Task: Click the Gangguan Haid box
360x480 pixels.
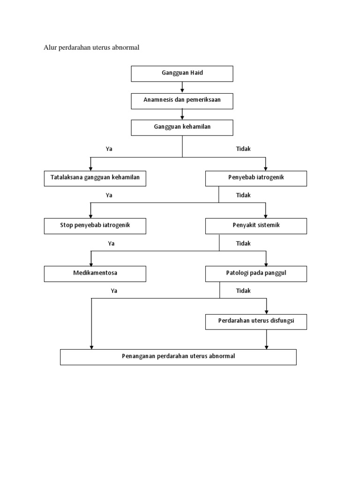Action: pyautogui.click(x=182, y=74)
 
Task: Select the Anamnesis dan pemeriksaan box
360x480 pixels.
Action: pyautogui.click(x=182, y=100)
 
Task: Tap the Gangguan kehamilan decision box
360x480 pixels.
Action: pyautogui.click(x=182, y=127)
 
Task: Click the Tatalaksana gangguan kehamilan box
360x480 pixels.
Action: pyautogui.click(x=95, y=179)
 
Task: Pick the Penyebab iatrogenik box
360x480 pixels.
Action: pyautogui.click(x=256, y=179)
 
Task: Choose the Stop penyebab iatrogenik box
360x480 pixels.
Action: pyautogui.click(x=95, y=226)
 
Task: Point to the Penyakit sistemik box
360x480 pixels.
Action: pyautogui.click(x=256, y=226)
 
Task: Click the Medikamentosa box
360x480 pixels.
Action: pyautogui.click(x=95, y=274)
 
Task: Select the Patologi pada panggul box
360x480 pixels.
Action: pyautogui.click(x=256, y=274)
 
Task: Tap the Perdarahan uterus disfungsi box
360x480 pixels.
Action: pyautogui.click(x=256, y=322)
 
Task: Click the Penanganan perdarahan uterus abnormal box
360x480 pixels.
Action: pyautogui.click(x=178, y=357)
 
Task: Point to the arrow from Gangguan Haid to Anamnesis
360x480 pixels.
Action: pyautogui.click(x=182, y=88)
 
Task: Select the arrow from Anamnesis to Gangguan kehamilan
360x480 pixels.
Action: pyautogui.click(x=182, y=114)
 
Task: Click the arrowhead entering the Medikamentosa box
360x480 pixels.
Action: pyautogui.click(x=91, y=263)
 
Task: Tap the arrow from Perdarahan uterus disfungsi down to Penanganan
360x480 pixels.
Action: pyautogui.click(x=267, y=339)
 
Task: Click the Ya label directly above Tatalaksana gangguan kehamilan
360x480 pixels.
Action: pyautogui.click(x=109, y=149)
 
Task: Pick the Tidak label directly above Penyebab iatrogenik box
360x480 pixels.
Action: pyautogui.click(x=243, y=149)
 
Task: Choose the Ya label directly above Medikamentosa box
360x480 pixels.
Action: pyautogui.click(x=111, y=244)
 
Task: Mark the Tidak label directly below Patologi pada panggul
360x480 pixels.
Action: pyautogui.click(x=243, y=291)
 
